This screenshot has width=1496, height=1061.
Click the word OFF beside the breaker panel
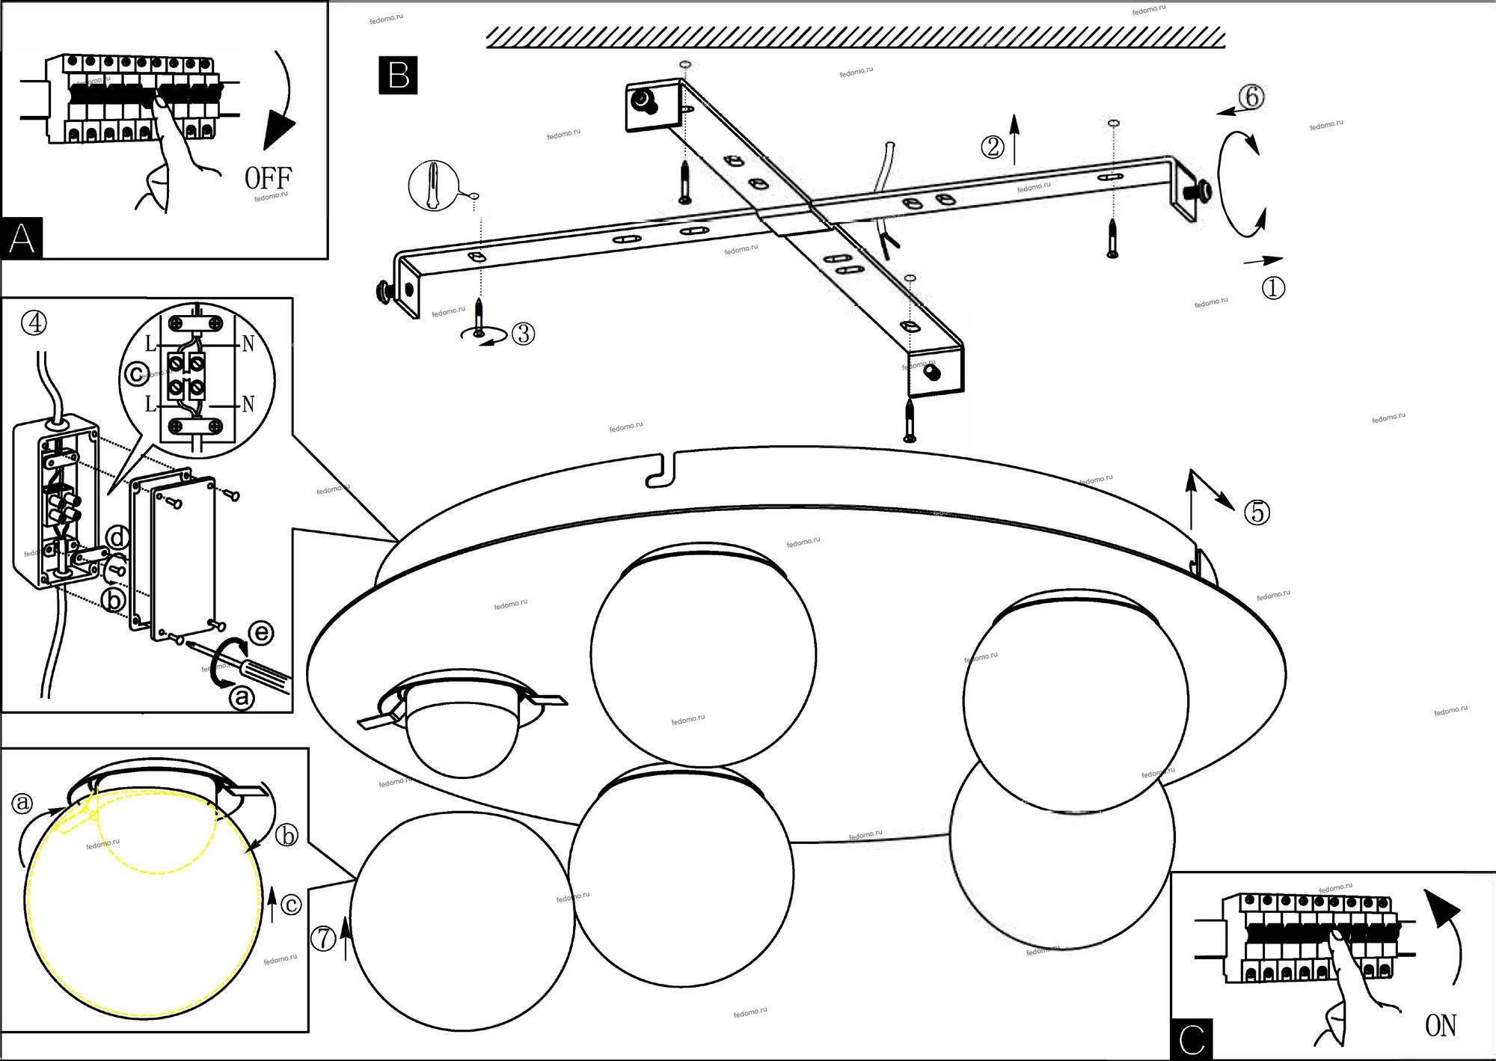coord(268,179)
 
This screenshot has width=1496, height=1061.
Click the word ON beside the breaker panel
coord(1441,1025)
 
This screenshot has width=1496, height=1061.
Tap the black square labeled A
coord(22,239)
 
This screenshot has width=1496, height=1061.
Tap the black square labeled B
coord(398,76)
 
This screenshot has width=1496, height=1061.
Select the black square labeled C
coord(1192,1039)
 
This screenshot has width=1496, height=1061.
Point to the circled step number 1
coord(1273,288)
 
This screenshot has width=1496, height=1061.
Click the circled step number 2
coord(993,147)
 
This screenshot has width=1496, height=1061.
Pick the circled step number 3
coord(524,334)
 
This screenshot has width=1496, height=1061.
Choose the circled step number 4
coord(34,322)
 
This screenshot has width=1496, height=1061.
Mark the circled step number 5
coord(1257,513)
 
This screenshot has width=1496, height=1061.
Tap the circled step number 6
coord(1251,97)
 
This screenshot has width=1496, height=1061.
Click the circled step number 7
coord(323,938)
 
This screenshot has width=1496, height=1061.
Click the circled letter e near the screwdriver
coord(260,633)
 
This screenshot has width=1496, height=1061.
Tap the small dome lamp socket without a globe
coord(462,730)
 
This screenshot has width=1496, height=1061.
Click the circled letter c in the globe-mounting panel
coord(290,905)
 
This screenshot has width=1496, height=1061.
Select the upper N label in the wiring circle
coord(248,344)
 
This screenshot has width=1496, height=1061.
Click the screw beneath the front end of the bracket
coord(910,421)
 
